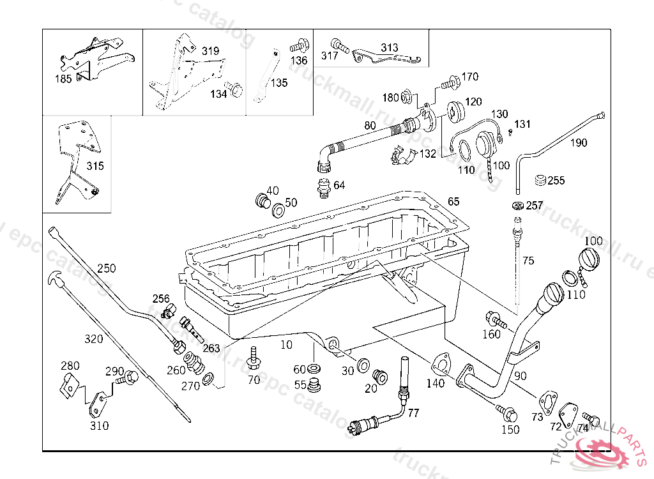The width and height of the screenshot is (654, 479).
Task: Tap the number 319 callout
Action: pyautogui.click(x=210, y=51)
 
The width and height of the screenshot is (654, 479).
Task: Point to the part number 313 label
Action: pyautogui.click(x=389, y=48)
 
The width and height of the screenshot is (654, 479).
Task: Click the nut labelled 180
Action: pyautogui.click(x=406, y=98)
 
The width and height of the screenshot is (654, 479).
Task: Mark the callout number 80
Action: pyautogui.click(x=370, y=126)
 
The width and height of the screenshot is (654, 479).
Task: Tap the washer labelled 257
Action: pyautogui.click(x=517, y=206)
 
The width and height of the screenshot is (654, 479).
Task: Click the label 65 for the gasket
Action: pyautogui.click(x=453, y=201)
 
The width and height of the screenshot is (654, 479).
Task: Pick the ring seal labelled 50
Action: pyautogui.click(x=278, y=210)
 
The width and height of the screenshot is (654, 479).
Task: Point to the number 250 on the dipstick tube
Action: pyautogui.click(x=107, y=268)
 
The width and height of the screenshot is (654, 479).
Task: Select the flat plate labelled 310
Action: pyautogui.click(x=98, y=403)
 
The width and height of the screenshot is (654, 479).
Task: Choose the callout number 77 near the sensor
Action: pyautogui.click(x=413, y=413)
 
